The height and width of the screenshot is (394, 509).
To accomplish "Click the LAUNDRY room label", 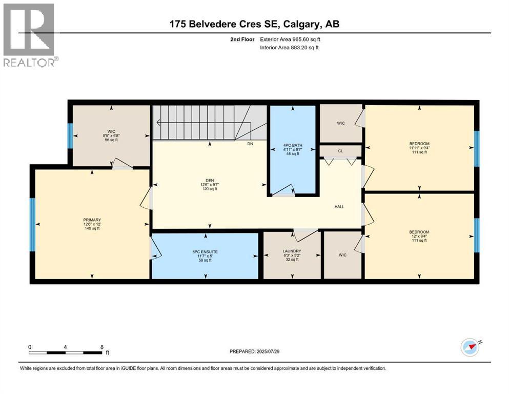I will [x=292, y=251].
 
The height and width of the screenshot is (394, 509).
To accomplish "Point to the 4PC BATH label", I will [x=293, y=146].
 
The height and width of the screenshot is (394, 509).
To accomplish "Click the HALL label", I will [x=339, y=207].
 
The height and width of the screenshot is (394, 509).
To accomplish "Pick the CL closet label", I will [x=340, y=151].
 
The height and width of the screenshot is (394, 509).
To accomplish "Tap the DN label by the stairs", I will [x=250, y=144].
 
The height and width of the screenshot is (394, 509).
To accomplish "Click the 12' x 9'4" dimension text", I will [x=419, y=237].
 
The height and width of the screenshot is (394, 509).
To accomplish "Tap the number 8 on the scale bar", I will [x=102, y=347].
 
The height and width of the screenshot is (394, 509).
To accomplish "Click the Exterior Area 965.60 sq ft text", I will [x=293, y=39].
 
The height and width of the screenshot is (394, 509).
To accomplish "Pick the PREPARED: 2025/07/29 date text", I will [x=255, y=351].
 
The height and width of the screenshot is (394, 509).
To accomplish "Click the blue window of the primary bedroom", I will [x=32, y=223].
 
